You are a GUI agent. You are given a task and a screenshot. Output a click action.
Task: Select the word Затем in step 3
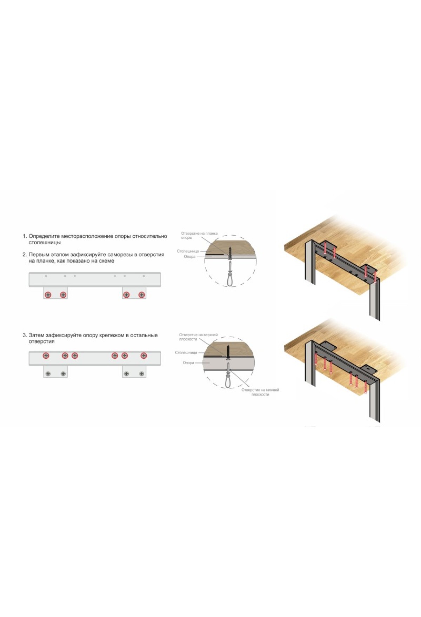[x=36, y=335]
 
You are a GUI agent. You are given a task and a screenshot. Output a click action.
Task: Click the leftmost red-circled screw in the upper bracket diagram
[x=48, y=295]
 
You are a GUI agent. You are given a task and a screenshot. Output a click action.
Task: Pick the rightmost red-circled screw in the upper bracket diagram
[x=142, y=295]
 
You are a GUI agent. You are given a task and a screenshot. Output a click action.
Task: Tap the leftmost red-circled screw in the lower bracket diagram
[x=46, y=356]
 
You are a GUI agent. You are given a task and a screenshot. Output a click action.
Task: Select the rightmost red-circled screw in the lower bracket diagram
[x=144, y=356]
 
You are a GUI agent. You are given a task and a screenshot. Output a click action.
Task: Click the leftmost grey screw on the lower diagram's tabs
[x=48, y=374]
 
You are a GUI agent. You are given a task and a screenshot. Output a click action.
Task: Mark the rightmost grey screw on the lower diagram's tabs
[x=142, y=374]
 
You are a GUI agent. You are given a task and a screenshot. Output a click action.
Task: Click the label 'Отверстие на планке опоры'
[x=199, y=236]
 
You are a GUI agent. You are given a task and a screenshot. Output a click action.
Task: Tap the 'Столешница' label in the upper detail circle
[x=188, y=251]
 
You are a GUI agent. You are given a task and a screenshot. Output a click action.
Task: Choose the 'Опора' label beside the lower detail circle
[x=188, y=363]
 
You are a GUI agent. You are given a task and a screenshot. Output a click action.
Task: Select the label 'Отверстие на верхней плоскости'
[x=198, y=337]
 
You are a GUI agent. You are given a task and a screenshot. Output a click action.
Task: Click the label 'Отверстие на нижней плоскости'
[x=260, y=392]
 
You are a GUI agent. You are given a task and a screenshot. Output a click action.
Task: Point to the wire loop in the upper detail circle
[x=230, y=277]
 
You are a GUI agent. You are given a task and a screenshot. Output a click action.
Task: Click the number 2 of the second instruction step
[x=24, y=255]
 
